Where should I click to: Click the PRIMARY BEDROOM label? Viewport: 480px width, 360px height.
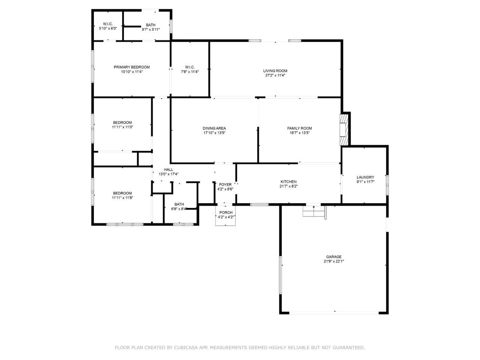click(x=131, y=67)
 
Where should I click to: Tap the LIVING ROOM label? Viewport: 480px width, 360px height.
click(x=275, y=71)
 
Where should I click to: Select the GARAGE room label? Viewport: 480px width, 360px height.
click(x=334, y=257)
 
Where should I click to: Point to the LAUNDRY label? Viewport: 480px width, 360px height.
click(x=365, y=177)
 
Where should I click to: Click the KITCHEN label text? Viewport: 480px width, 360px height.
click(x=288, y=181)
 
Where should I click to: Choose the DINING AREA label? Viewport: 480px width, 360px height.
click(x=214, y=128)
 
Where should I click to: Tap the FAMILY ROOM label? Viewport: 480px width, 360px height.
click(x=299, y=128)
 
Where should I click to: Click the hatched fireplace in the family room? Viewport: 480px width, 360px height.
click(x=343, y=130)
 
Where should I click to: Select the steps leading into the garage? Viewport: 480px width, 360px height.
click(x=314, y=211)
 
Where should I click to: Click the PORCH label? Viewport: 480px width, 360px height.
click(x=226, y=213)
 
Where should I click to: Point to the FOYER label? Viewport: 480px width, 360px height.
click(x=225, y=185)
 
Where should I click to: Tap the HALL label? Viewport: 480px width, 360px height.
click(x=168, y=169)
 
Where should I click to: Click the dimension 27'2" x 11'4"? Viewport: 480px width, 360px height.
click(x=275, y=75)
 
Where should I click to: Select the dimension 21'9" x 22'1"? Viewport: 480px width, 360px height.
click(x=334, y=261)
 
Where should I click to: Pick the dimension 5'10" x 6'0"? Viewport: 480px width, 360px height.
click(x=108, y=28)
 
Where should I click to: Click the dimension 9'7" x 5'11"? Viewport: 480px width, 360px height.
click(x=151, y=30)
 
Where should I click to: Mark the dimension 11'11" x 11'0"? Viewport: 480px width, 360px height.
click(x=123, y=127)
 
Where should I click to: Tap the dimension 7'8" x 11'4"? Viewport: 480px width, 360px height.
click(x=190, y=72)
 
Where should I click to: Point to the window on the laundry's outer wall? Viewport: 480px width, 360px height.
click(x=387, y=185)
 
